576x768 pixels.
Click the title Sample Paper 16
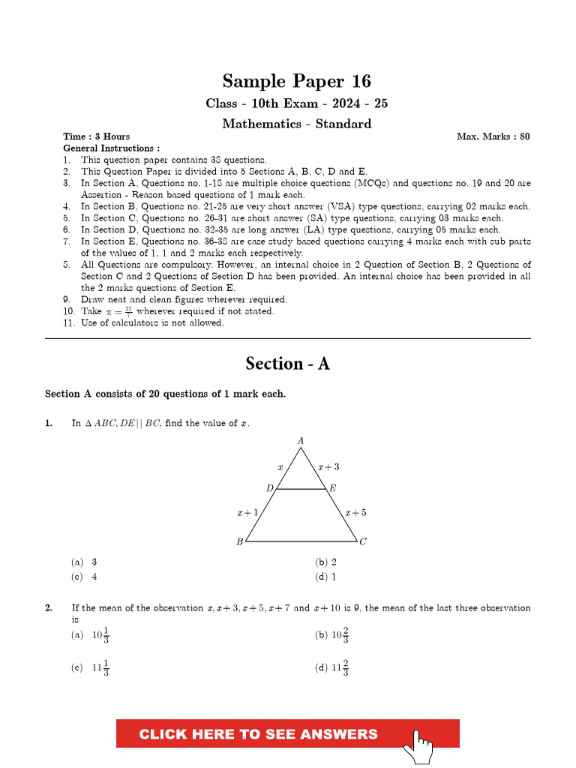tap(296, 81)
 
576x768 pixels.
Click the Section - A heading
tap(287, 364)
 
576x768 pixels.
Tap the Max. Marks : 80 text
tap(493, 136)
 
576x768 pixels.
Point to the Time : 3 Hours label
tap(97, 136)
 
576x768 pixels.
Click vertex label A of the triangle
tap(301, 441)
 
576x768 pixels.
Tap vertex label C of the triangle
tap(363, 542)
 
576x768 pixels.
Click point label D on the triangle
tap(270, 488)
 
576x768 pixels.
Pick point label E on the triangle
tap(333, 488)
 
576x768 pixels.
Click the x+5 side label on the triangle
tap(355, 513)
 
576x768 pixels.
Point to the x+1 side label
tap(247, 513)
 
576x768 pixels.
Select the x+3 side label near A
tap(328, 466)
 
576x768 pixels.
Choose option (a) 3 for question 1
tap(85, 562)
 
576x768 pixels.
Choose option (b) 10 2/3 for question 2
tap(332, 635)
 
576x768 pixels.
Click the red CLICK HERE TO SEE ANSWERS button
tap(259, 734)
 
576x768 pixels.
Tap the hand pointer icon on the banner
tap(418, 745)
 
